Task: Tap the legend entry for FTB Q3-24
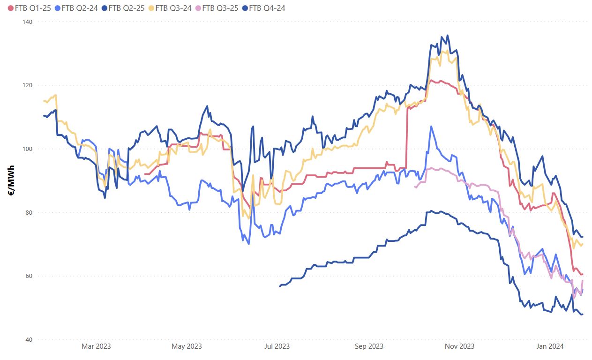pos(173,8)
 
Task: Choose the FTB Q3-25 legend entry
pos(220,8)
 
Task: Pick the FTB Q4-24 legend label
pos(267,8)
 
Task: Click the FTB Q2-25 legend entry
pos(126,8)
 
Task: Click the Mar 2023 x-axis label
pos(96,346)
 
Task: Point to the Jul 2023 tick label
pos(277,346)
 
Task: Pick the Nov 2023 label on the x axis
pos(459,346)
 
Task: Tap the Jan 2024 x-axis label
pos(548,346)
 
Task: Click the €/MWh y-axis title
pos(10,180)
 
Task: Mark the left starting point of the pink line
pos(415,187)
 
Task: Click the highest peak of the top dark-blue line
pos(448,35)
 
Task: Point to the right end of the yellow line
pos(582,244)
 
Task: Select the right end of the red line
pos(582,274)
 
